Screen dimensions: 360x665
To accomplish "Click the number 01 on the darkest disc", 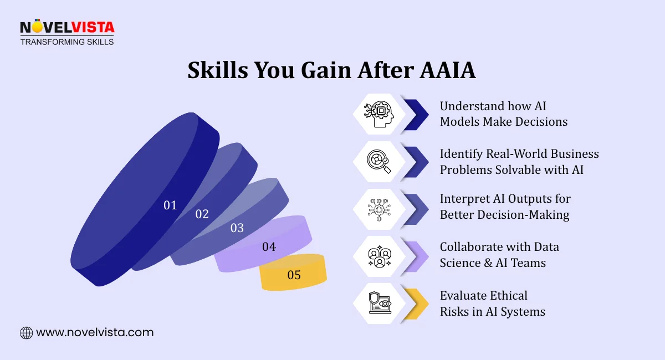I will pos(170,205).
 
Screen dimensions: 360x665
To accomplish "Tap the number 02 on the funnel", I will pos(202,214).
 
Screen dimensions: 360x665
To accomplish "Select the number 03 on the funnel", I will pos(237,228).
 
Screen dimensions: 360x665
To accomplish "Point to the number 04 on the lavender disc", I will pos(269,247).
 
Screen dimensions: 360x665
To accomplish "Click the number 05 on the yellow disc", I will pos(294,275).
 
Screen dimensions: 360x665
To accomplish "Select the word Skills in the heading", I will pos(217,71).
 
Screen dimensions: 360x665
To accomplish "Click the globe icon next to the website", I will pos(26,333).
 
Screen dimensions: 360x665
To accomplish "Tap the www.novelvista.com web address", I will pos(95,333).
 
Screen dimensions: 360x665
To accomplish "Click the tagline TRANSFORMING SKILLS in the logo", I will pos(67,42).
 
